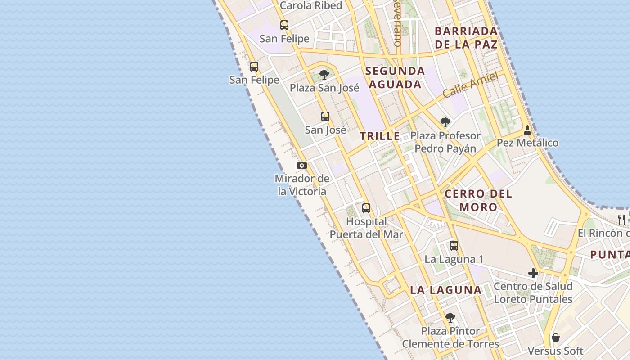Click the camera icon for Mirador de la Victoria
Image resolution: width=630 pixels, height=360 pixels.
pyautogui.click(x=302, y=166)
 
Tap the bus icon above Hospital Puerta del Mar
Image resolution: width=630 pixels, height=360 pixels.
pyautogui.click(x=366, y=208)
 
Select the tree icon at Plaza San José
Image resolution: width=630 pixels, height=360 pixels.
pyautogui.click(x=324, y=74)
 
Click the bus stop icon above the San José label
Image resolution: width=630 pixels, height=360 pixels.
pyautogui.click(x=325, y=117)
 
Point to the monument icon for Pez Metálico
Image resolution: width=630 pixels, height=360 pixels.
pyautogui.click(x=527, y=130)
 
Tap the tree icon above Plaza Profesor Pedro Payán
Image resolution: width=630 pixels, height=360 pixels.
pyautogui.click(x=445, y=122)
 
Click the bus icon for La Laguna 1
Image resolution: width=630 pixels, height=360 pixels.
pyautogui.click(x=454, y=246)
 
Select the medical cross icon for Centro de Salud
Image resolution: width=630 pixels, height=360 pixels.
pyautogui.click(x=533, y=273)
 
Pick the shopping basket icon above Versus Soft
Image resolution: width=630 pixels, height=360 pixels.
pyautogui.click(x=556, y=337)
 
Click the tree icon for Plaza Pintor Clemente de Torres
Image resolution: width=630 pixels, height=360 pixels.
pyautogui.click(x=450, y=318)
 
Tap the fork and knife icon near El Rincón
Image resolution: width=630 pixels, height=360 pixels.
pyautogui.click(x=621, y=220)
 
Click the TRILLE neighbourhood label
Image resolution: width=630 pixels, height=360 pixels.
pyautogui.click(x=380, y=136)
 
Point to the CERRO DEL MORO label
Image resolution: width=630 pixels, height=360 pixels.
pyautogui.click(x=478, y=201)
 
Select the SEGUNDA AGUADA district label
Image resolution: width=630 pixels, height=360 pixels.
pyautogui.click(x=395, y=77)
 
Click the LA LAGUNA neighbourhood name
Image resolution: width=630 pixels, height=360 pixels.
pyautogui.click(x=446, y=290)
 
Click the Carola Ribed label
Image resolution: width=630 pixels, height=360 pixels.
pyautogui.click(x=311, y=5)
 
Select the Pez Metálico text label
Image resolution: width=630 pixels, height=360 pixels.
pyautogui.click(x=527, y=143)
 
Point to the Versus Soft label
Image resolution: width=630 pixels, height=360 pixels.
pyautogui.click(x=555, y=351)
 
